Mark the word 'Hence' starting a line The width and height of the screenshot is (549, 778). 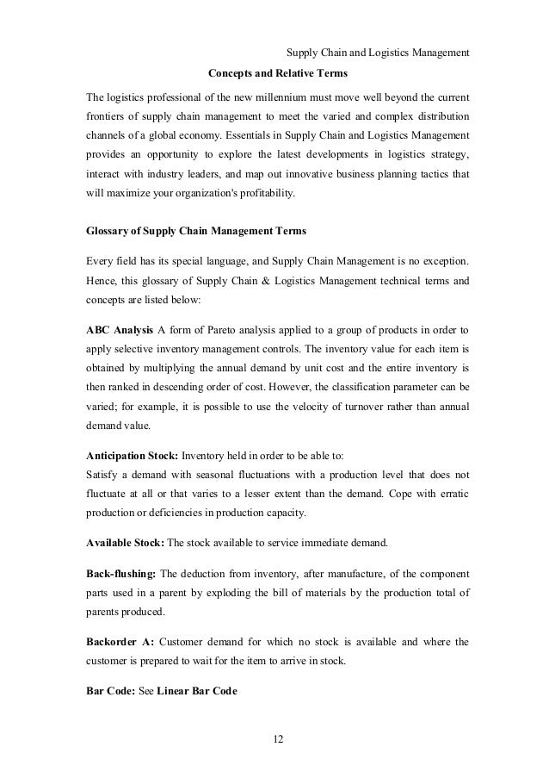(102, 280)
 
